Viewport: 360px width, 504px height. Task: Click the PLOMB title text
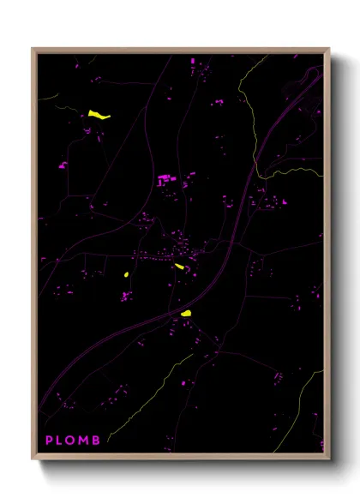pos(73,441)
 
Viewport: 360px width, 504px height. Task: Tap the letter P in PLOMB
pos(49,441)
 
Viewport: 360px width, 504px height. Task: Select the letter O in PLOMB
pos(72,441)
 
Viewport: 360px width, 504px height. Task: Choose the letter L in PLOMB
pos(60,441)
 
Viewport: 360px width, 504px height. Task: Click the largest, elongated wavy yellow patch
pos(99,114)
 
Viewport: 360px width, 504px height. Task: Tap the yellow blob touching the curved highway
pos(185,314)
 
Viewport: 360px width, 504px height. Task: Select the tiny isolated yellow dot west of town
pos(126,274)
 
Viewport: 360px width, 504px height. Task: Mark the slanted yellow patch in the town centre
pos(179,267)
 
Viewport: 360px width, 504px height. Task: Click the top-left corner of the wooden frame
pos(33,50)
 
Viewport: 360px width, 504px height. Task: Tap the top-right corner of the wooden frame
pos(328,50)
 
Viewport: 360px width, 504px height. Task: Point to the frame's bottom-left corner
pos(33,459)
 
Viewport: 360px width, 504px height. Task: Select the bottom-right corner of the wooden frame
pos(328,459)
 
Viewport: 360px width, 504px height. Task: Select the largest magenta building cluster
pos(165,180)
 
